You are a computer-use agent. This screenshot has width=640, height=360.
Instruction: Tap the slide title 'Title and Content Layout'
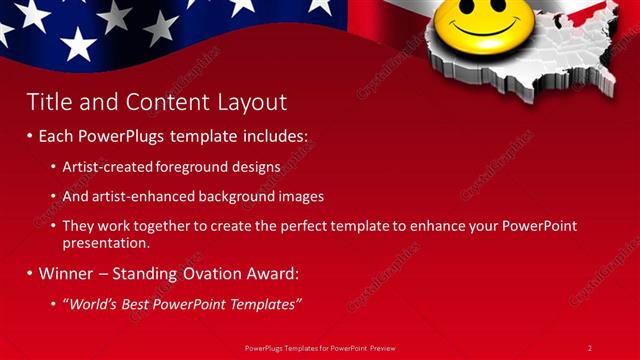point(156,101)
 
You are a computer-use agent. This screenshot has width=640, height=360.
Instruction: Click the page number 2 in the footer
point(589,347)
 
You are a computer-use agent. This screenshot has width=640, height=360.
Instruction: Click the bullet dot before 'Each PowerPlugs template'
point(29,135)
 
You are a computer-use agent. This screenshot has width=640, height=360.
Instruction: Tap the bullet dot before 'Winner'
point(29,272)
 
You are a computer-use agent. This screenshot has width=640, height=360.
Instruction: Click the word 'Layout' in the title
point(253,101)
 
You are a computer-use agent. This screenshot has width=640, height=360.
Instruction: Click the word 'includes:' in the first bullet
point(275,135)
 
